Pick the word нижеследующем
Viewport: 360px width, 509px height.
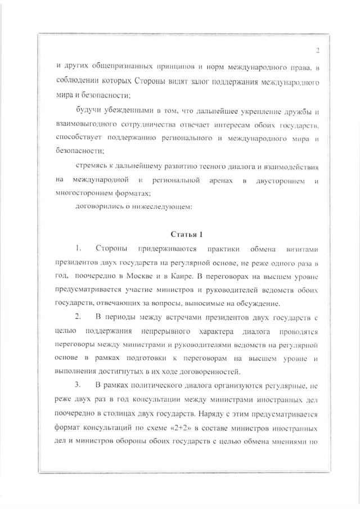pyautogui.click(x=165, y=206)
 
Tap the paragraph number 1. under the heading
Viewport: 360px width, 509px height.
pyautogui.click(x=79, y=248)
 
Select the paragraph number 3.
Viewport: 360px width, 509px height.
pyautogui.click(x=79, y=385)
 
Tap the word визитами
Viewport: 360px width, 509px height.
pyautogui.click(x=304, y=248)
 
